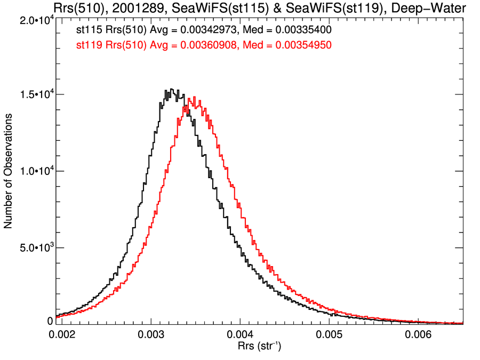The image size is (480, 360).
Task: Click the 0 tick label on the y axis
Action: coord(50,321)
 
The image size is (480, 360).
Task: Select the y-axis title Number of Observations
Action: coord(9,171)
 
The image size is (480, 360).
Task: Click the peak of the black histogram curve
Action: coord(171,89)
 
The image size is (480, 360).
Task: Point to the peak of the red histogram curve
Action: coord(195,98)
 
